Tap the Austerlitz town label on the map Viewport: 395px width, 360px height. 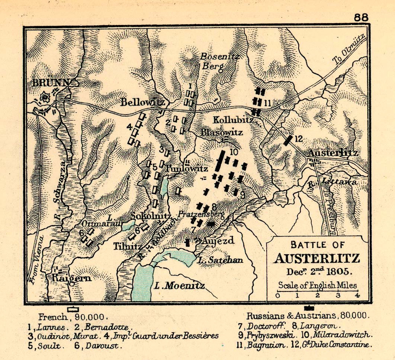[x=333, y=153]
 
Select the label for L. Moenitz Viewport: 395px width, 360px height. [x=179, y=286]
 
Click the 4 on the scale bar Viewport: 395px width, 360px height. [x=357, y=296]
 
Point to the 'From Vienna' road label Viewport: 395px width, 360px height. [x=36, y=259]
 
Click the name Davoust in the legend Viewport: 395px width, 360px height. [x=103, y=345]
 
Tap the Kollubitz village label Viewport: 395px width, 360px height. [x=233, y=120]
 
